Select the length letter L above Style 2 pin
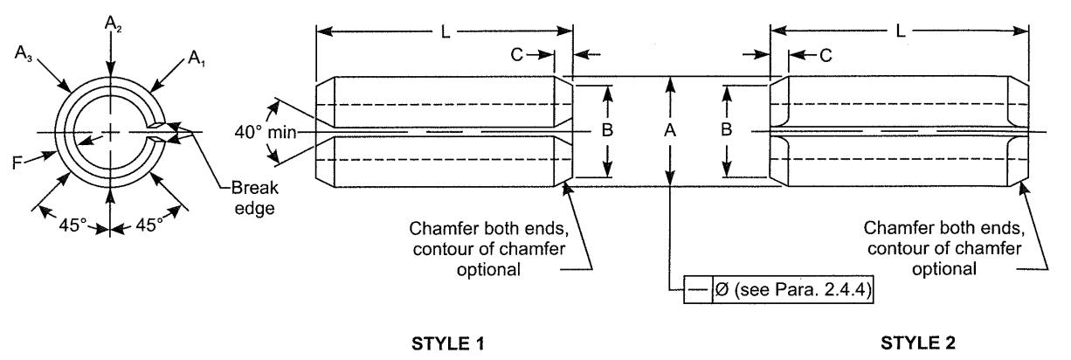902,32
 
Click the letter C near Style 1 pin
517,54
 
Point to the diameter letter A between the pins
669,131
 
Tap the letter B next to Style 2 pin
730,131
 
